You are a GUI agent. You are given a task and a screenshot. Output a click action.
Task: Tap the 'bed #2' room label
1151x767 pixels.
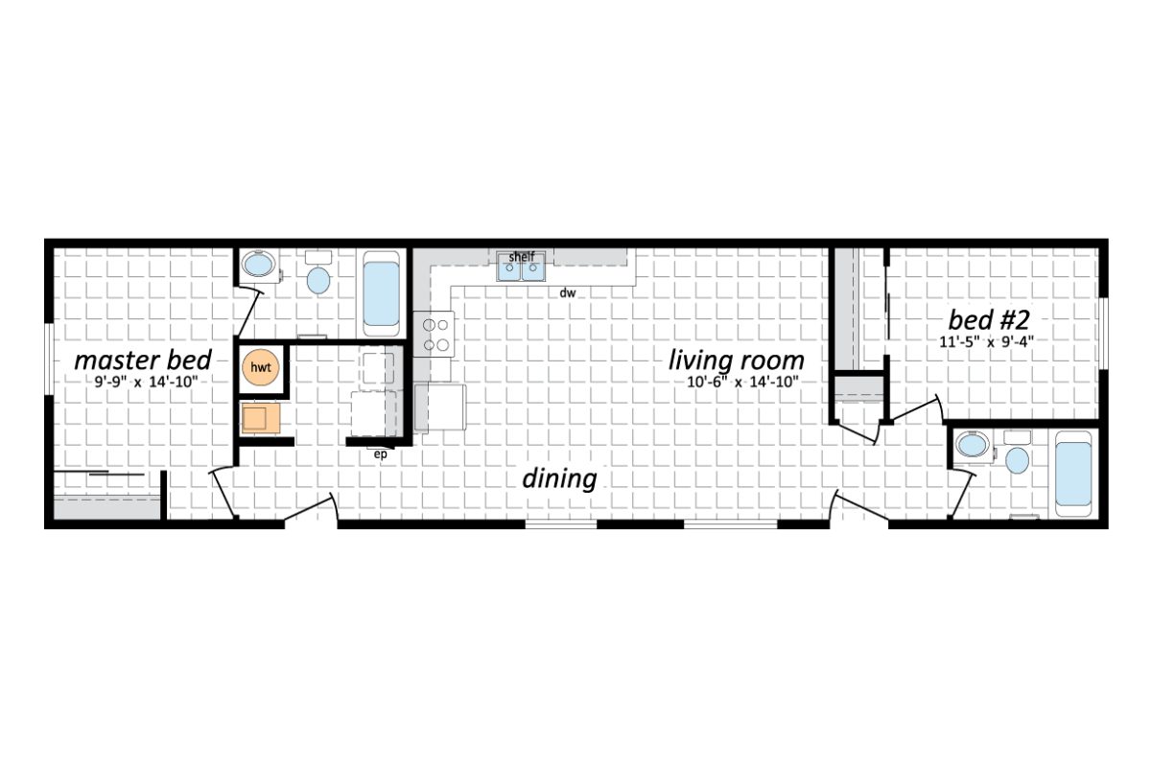coord(989,319)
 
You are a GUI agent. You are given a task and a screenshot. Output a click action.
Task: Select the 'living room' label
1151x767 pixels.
coord(736,361)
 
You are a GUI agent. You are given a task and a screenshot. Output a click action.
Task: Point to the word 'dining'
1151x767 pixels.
coord(559,478)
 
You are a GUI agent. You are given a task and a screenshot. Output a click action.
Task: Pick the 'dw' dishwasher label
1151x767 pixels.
coord(568,292)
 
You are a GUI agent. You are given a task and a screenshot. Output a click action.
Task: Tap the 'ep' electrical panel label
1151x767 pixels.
coord(380,454)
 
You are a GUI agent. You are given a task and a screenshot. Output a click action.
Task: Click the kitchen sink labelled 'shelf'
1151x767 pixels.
coord(521,268)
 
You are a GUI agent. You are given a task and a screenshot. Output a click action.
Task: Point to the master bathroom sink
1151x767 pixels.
coord(257,265)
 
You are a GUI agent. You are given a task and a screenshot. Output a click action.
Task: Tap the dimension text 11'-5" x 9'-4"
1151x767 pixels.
coord(989,340)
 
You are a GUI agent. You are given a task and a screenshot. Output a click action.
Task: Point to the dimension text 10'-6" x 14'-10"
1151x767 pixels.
coord(736,383)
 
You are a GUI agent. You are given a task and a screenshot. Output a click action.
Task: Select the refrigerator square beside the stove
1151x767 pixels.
coord(440,406)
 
